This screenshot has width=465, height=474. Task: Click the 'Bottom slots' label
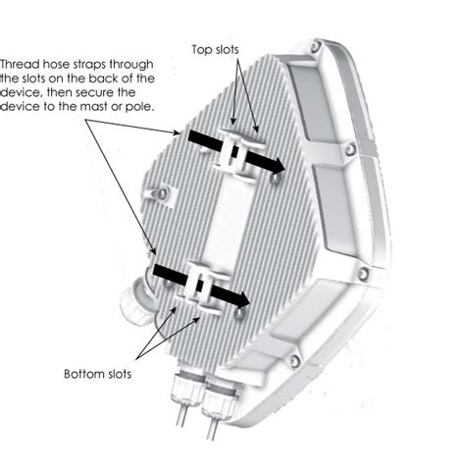tap(99, 374)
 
